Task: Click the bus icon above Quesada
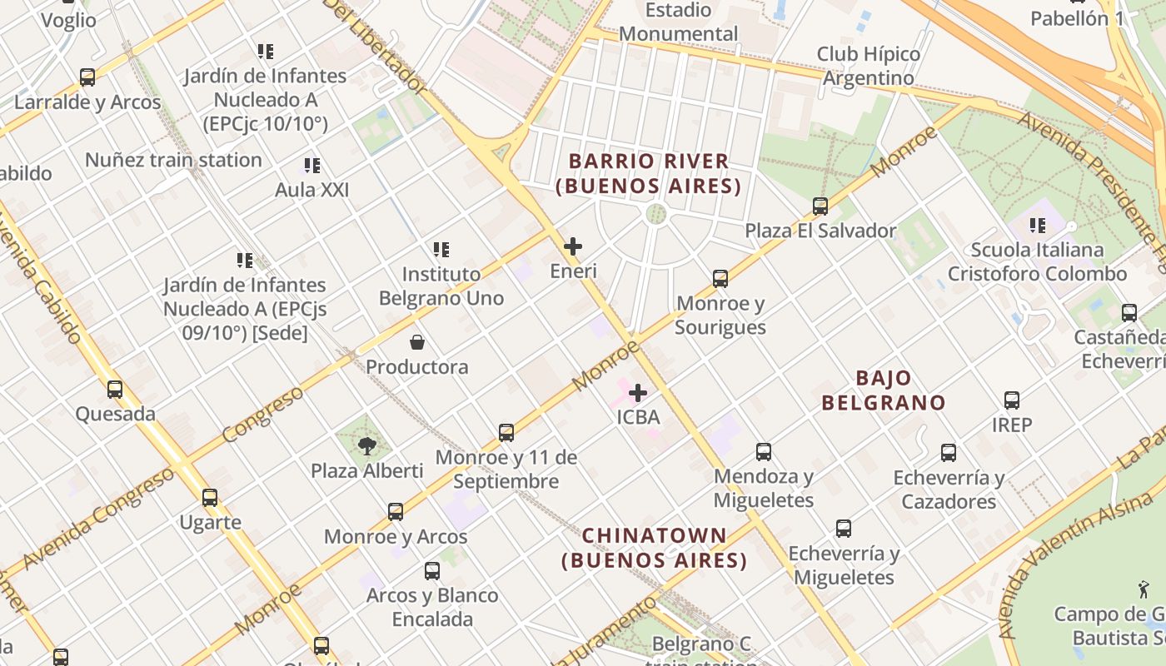[x=115, y=389]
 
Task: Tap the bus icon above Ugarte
[x=210, y=498]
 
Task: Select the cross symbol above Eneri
[x=573, y=246]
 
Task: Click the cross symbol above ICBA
[x=638, y=392]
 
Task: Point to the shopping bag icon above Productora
[x=416, y=342]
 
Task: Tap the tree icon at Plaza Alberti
[x=366, y=446]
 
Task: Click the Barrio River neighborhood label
[x=649, y=173]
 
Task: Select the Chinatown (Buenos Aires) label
[x=654, y=548]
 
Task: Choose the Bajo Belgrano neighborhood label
[x=884, y=390]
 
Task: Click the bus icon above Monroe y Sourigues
[x=720, y=278]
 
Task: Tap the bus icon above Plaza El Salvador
[x=820, y=206]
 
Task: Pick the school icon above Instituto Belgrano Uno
[x=441, y=249]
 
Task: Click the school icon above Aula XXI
[x=312, y=166]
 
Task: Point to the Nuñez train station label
[x=173, y=160]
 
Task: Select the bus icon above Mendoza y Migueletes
[x=764, y=452]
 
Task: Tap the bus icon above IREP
[x=1012, y=400]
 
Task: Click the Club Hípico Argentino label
[x=868, y=66]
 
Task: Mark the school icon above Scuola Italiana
[x=1038, y=225]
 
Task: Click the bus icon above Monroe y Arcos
[x=396, y=512]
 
